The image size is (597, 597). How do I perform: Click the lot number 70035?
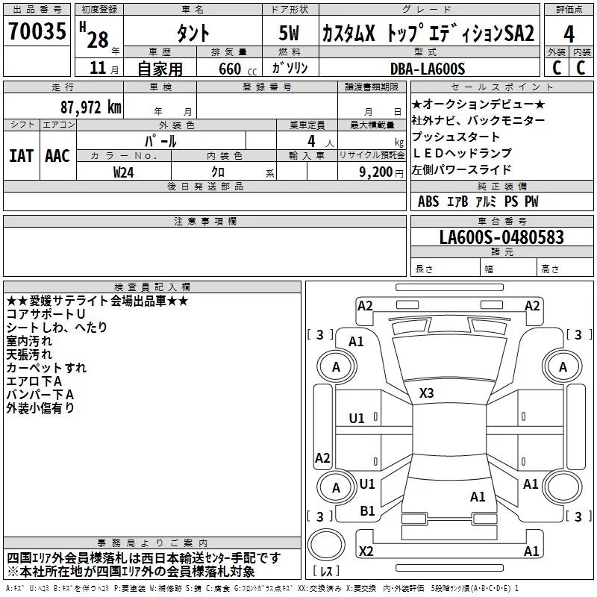click(x=37, y=31)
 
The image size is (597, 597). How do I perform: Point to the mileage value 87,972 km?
click(x=91, y=107)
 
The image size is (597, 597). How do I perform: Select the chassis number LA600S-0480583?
click(x=501, y=237)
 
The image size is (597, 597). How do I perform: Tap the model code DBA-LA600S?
click(x=428, y=69)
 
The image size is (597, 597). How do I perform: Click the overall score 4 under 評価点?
click(x=569, y=34)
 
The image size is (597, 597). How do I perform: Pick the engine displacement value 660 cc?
click(x=237, y=69)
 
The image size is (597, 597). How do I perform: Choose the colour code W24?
click(x=123, y=172)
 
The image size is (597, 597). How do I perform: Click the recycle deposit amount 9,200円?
click(x=381, y=172)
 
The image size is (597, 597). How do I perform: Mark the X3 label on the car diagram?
click(x=426, y=393)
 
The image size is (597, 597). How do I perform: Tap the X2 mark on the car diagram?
click(x=366, y=551)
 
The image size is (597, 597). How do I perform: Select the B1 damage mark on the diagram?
click(x=367, y=511)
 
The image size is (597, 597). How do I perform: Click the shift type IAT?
click(x=21, y=156)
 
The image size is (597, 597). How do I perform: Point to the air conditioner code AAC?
click(x=57, y=156)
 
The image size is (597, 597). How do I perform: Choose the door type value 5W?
click(x=289, y=33)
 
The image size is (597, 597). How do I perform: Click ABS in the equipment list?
click(x=428, y=201)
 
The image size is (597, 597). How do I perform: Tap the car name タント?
click(x=193, y=33)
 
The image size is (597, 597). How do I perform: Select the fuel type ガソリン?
click(x=290, y=68)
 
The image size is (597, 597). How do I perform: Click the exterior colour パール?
click(x=160, y=141)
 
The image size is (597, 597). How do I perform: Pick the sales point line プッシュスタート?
click(x=456, y=137)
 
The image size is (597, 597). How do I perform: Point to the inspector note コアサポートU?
click(x=46, y=314)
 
